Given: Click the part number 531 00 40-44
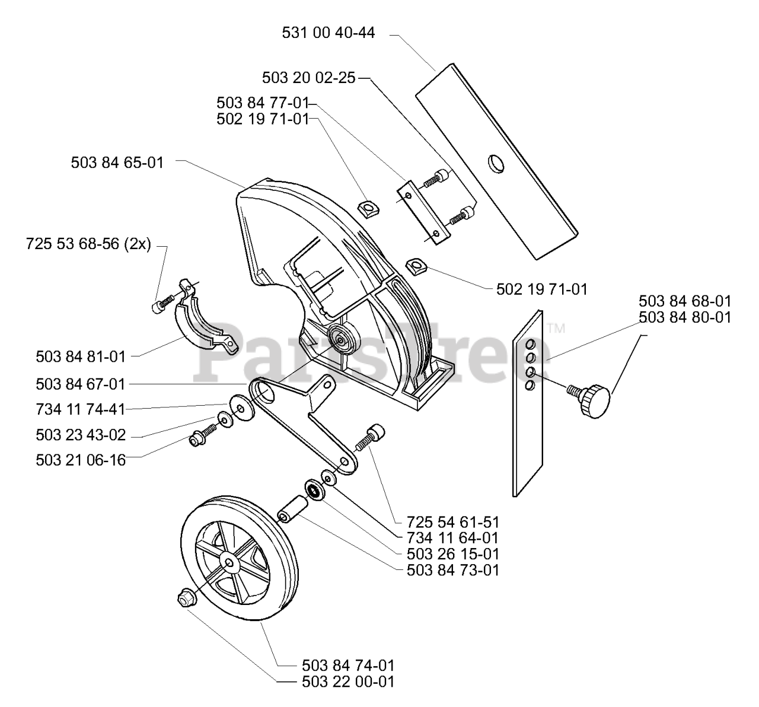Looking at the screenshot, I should (328, 33).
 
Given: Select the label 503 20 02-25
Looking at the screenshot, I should (308, 78).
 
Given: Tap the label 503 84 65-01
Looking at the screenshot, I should (117, 162).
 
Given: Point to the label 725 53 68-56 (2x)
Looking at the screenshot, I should (88, 244).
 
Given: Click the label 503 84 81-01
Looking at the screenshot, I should (81, 356).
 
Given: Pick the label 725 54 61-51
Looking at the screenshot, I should (453, 523).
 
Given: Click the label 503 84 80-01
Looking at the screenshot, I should (685, 318).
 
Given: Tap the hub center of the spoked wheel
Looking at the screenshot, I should (229, 562).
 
